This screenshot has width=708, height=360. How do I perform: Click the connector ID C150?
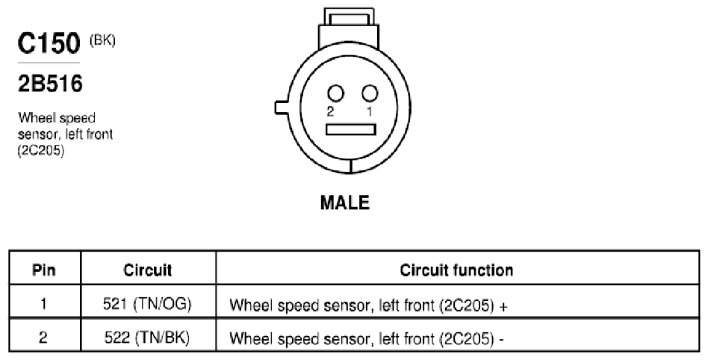pyautogui.click(x=49, y=43)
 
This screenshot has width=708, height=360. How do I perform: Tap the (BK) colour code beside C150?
pyautogui.click(x=102, y=40)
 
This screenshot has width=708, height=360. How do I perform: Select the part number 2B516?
pyautogui.click(x=50, y=84)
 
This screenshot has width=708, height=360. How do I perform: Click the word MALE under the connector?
pyautogui.click(x=344, y=202)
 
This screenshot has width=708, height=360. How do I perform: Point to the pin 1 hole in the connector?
pyautogui.click(x=370, y=93)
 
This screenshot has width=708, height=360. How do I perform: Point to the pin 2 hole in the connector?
pyautogui.click(x=335, y=93)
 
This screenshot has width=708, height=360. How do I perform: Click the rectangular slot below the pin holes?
pyautogui.click(x=351, y=130)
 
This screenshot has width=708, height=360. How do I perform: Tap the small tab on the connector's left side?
pyautogui.click(x=282, y=108)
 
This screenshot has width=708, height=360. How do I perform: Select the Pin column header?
pyautogui.click(x=44, y=270)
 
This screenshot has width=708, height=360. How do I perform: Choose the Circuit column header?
pyautogui.click(x=148, y=270)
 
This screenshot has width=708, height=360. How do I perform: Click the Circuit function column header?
pyautogui.click(x=456, y=270)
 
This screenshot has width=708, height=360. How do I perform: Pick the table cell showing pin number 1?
pyautogui.click(x=44, y=303)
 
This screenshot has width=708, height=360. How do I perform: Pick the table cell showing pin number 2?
pyautogui.click(x=43, y=338)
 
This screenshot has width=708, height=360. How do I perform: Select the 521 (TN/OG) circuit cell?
pyautogui.click(x=147, y=304)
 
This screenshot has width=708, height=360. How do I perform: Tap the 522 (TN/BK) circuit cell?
pyautogui.click(x=147, y=338)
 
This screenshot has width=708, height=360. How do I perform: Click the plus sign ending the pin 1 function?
pyautogui.click(x=504, y=307)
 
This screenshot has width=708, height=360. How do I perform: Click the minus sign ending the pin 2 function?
pyautogui.click(x=501, y=340)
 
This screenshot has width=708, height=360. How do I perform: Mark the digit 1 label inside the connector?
pyautogui.click(x=370, y=112)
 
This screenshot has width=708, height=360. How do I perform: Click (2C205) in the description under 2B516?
pyautogui.click(x=41, y=151)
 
